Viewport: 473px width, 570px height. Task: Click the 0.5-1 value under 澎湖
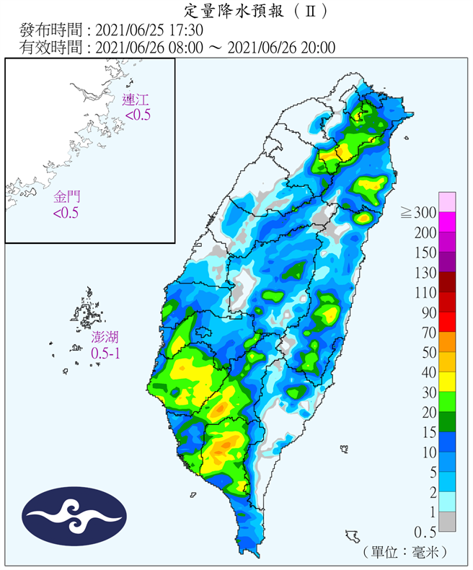click(x=105, y=353)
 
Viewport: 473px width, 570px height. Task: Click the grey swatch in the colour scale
click(x=447, y=522)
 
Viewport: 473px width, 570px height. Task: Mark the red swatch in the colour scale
click(x=447, y=323)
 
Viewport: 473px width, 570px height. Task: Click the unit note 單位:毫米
click(x=407, y=551)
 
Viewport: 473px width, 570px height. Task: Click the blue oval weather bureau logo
click(x=74, y=517)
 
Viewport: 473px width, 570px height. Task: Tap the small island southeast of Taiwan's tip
click(x=353, y=536)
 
